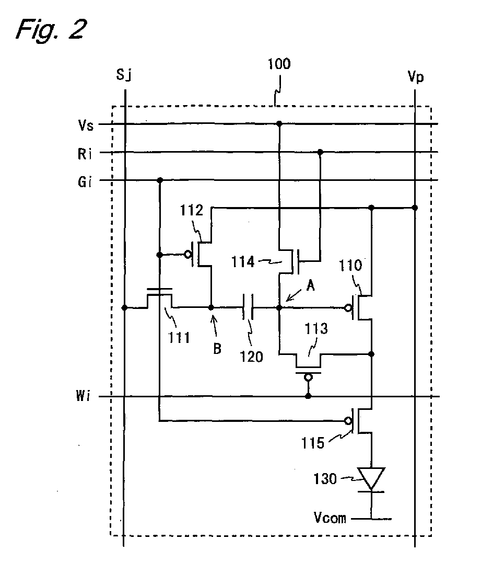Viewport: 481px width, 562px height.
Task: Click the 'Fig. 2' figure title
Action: click(x=51, y=29)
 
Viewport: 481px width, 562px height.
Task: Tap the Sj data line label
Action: click(x=124, y=75)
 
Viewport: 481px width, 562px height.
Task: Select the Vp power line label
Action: click(x=416, y=76)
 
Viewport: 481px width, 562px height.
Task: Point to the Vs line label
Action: click(x=86, y=125)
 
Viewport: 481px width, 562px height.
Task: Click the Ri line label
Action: click(x=85, y=154)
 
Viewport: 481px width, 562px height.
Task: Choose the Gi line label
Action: click(x=85, y=182)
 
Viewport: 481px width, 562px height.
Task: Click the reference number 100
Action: click(x=279, y=64)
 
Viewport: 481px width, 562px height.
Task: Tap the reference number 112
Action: click(x=191, y=210)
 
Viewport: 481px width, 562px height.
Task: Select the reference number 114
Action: click(x=243, y=261)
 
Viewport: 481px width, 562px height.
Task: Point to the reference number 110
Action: click(x=350, y=266)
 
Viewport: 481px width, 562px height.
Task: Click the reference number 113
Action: click(x=316, y=329)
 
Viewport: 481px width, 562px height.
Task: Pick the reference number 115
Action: click(x=313, y=443)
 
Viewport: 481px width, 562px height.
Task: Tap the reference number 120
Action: click(x=251, y=357)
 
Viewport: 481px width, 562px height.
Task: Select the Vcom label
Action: click(x=330, y=518)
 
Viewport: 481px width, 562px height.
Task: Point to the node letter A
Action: click(x=310, y=285)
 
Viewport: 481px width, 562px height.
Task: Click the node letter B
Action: click(x=217, y=348)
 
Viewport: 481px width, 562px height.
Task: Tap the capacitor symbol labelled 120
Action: click(x=248, y=307)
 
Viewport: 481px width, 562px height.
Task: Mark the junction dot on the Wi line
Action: click(x=308, y=396)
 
